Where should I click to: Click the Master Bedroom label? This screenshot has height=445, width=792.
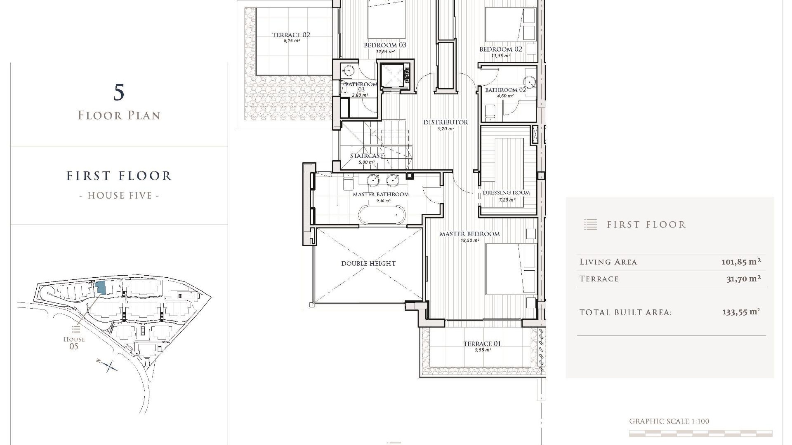(x=469, y=234)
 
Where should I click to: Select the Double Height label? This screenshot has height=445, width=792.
(x=368, y=264)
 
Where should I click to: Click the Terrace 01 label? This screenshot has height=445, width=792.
(x=482, y=344)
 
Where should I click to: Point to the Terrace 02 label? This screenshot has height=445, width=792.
(x=291, y=35)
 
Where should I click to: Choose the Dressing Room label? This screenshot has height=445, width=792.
(x=506, y=192)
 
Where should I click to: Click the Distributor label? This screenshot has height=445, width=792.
(x=445, y=122)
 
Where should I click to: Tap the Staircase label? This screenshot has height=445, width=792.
(x=367, y=156)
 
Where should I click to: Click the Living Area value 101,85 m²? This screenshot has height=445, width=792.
(x=741, y=262)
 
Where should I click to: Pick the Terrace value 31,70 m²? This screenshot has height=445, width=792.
(x=743, y=279)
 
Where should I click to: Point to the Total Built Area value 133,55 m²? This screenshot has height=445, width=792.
(x=741, y=312)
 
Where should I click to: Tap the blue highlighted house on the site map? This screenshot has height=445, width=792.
(x=100, y=288)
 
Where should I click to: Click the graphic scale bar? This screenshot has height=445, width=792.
(x=700, y=433)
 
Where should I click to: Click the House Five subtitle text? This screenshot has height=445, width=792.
(x=119, y=195)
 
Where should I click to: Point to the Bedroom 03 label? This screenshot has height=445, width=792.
(x=385, y=45)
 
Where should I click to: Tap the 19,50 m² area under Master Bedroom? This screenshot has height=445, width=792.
(x=470, y=241)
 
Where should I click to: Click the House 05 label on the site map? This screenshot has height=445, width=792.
(x=74, y=343)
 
